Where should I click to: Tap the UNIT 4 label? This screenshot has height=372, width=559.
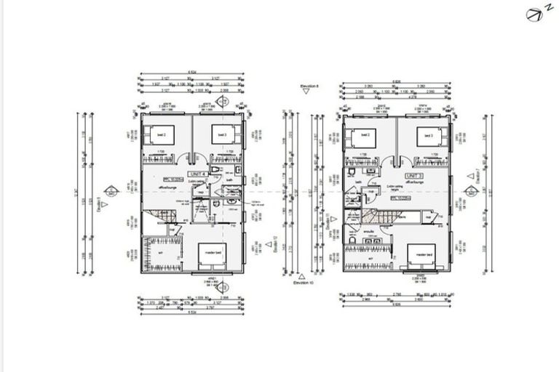click(197, 175)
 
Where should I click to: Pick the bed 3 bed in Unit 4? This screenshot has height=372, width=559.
click(221, 136)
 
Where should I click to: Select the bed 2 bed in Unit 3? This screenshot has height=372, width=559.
click(361, 137)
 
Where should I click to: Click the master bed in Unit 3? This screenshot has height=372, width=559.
click(420, 256)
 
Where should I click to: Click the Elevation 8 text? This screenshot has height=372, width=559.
click(310, 86)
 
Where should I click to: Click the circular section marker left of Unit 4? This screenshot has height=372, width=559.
click(111, 191)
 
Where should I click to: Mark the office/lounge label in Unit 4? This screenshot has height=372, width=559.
click(169, 187)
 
